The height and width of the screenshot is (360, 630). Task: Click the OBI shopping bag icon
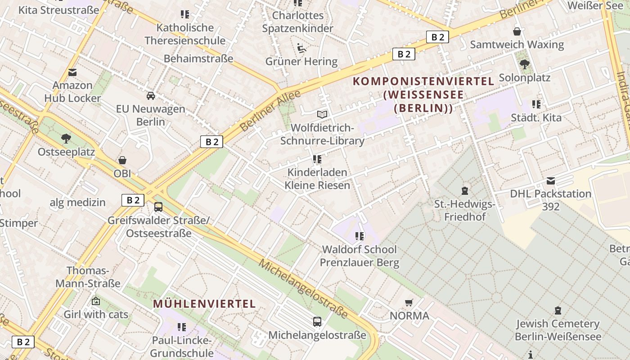pyautogui.click(x=122, y=160)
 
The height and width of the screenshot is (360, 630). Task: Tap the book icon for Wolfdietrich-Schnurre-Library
pyautogui.click(x=322, y=114)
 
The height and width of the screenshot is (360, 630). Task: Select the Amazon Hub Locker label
pyautogui.click(x=72, y=91)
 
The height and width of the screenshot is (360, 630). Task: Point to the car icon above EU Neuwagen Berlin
pyautogui.click(x=151, y=96)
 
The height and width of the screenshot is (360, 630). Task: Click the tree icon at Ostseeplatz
pyautogui.click(x=66, y=138)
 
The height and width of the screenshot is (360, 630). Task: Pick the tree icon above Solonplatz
pyautogui.click(x=524, y=64)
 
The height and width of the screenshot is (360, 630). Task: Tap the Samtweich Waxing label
pyautogui.click(x=517, y=45)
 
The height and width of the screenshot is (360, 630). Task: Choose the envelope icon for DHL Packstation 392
pyautogui.click(x=551, y=181)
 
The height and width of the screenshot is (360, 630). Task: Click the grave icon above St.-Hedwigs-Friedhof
pyautogui.click(x=465, y=191)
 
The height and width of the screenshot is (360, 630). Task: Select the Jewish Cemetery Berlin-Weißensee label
pyautogui.click(x=558, y=330)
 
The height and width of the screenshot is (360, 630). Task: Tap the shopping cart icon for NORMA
pyautogui.click(x=409, y=302)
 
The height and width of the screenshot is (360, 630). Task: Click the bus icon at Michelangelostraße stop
pyautogui.click(x=317, y=322)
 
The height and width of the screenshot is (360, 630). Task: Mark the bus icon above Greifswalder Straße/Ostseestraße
pyautogui.click(x=158, y=207)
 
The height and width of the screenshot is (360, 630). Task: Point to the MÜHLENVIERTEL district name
pyautogui.click(x=204, y=304)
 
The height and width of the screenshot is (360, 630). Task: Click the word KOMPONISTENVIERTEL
pyautogui.click(x=423, y=81)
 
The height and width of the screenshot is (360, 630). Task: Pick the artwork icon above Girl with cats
pyautogui.click(x=95, y=301)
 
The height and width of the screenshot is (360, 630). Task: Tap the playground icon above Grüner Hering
pyautogui.click(x=301, y=48)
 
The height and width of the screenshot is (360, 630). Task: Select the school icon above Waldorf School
pyautogui.click(x=359, y=236)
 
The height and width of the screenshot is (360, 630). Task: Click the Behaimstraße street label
pyautogui.click(x=198, y=58)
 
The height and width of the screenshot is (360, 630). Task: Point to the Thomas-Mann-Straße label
pyautogui.click(x=88, y=277)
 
